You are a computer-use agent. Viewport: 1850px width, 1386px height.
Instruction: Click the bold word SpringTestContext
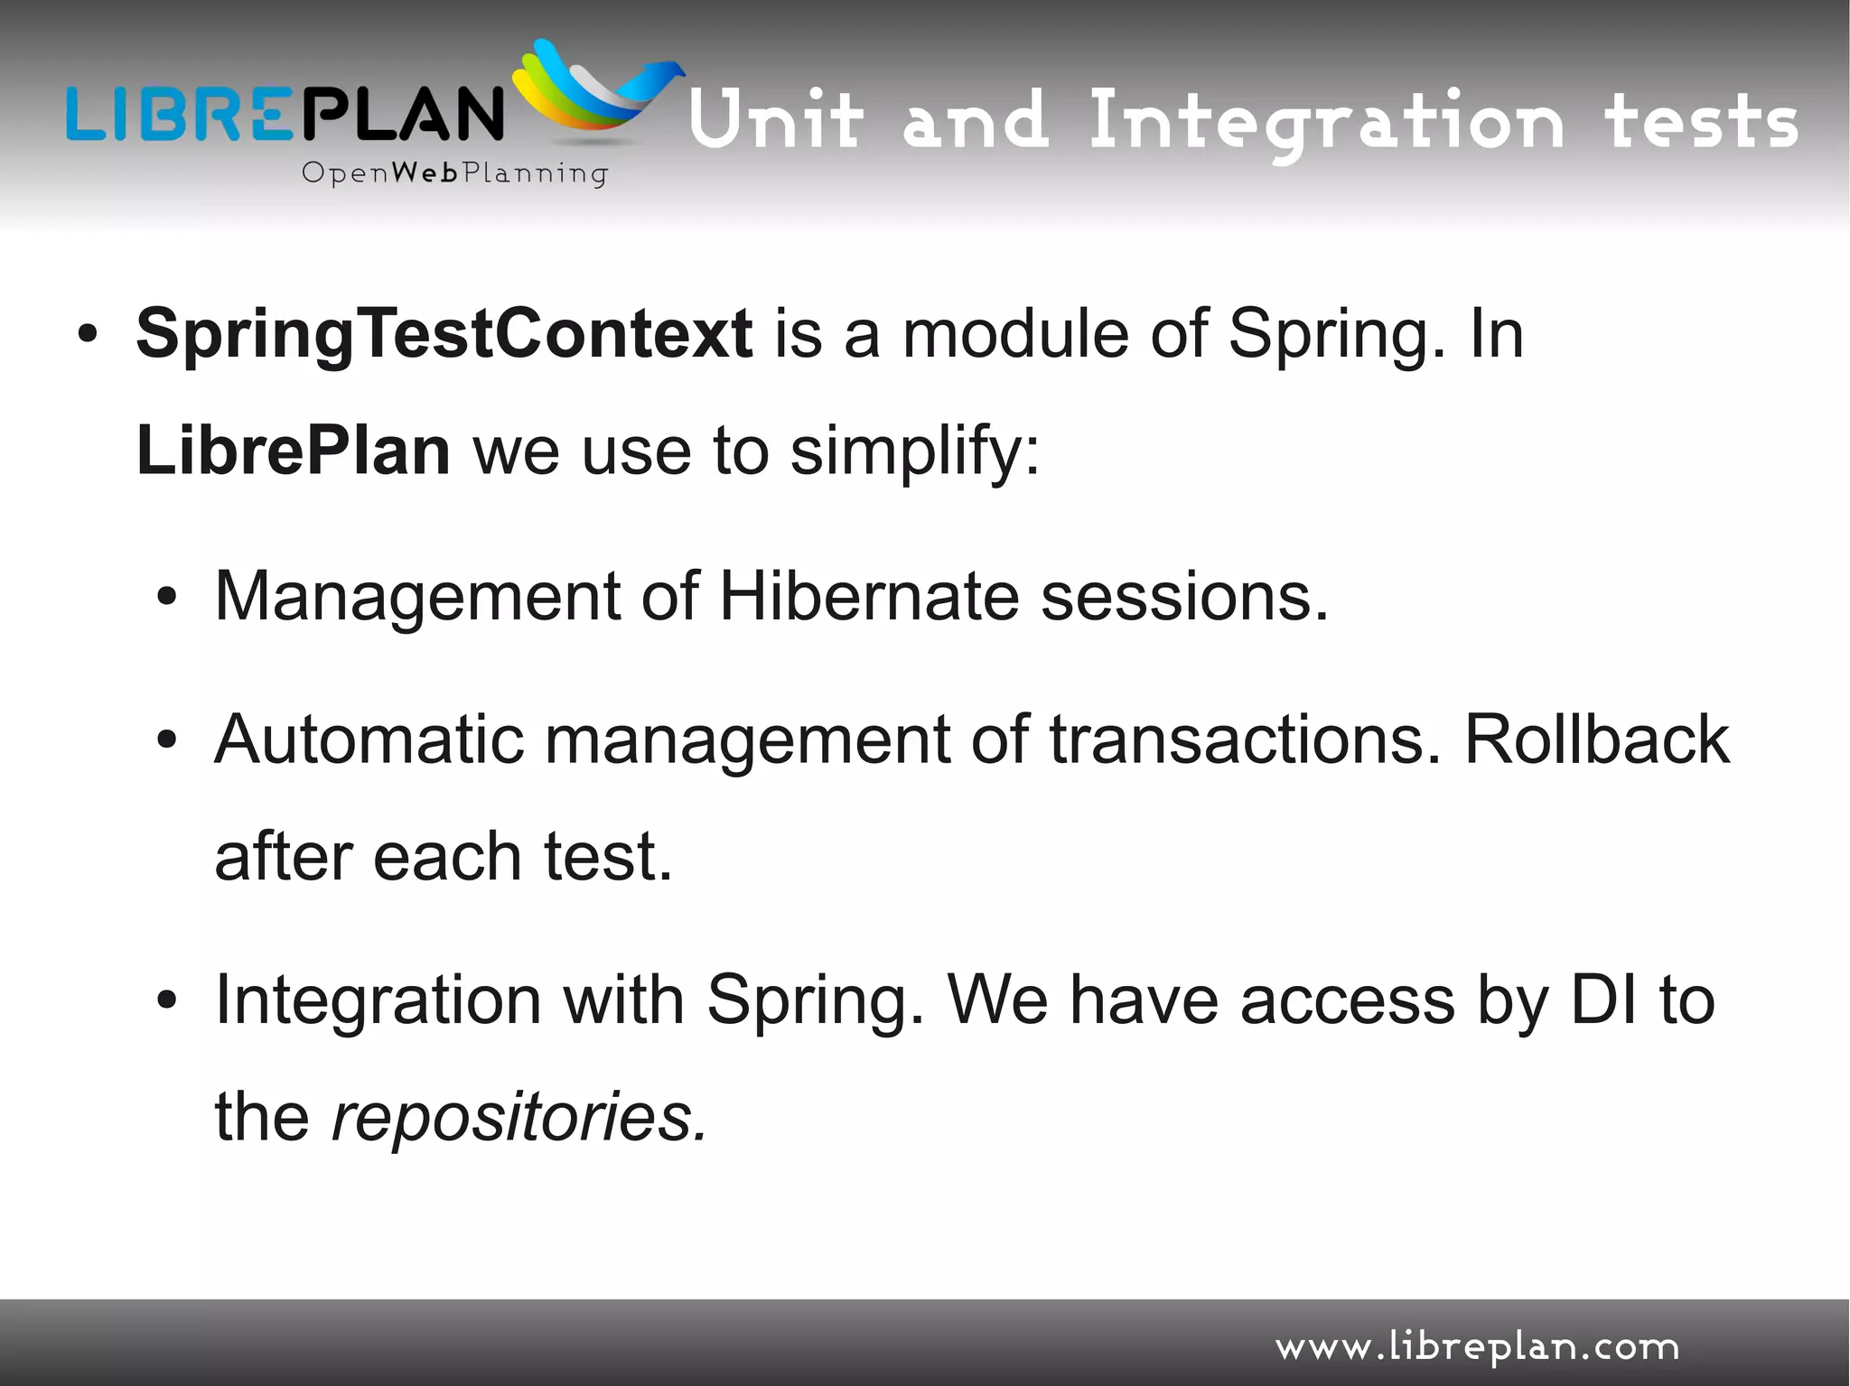[x=444, y=334]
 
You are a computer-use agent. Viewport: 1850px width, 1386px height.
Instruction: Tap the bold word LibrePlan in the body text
[x=293, y=451]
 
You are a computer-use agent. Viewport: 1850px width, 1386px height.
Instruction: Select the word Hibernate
[x=868, y=596]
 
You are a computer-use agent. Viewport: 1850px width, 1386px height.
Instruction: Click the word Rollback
[x=1596, y=740]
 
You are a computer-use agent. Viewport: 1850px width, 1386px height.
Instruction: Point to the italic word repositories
[x=518, y=1118]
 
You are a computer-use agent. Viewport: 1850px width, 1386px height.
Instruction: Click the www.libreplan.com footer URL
[x=1477, y=1348]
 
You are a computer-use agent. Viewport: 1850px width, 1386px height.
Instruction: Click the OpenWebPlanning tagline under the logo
[x=454, y=172]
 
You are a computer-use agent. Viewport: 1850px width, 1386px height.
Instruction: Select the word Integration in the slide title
[x=1325, y=122]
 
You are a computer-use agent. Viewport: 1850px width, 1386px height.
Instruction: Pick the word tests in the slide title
[x=1701, y=122]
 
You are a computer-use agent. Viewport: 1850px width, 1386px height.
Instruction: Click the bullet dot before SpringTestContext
[x=87, y=336]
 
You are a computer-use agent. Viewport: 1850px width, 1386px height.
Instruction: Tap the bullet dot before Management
[x=166, y=598]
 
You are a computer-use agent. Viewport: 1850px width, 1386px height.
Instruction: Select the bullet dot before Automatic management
[x=166, y=741]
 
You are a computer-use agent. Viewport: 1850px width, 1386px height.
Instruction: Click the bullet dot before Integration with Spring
[x=166, y=1001]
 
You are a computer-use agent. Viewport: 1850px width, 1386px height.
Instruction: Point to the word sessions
[x=1184, y=596]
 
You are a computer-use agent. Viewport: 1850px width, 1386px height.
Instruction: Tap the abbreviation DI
[x=1603, y=1000]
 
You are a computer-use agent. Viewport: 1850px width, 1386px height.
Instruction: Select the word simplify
[x=914, y=451]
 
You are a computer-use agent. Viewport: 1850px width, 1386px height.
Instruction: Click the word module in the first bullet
[x=1015, y=334]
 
